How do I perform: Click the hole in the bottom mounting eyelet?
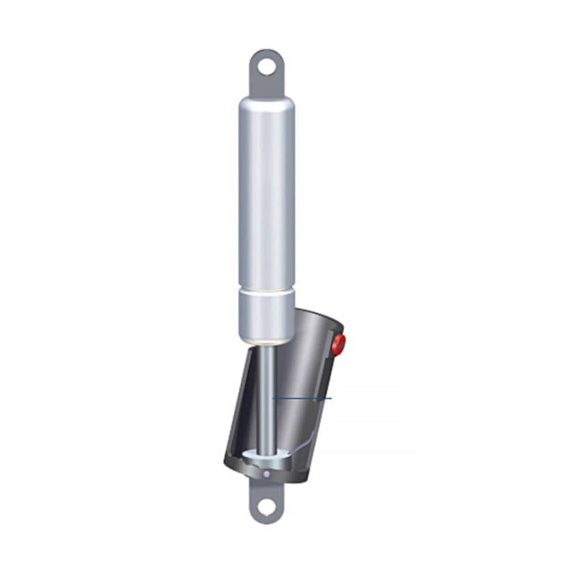pos(266,507)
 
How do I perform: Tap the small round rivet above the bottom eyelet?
pos(267,474)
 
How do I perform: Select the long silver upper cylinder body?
pos(266,191)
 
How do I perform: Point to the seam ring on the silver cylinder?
pos(266,289)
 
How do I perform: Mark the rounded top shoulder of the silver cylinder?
pos(266,102)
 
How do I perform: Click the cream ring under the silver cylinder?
pos(266,341)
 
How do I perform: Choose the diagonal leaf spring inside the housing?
pos(300,444)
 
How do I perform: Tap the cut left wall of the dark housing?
pos(235,409)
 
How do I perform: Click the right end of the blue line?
pos(331,398)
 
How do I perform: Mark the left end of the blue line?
pos(273,398)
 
